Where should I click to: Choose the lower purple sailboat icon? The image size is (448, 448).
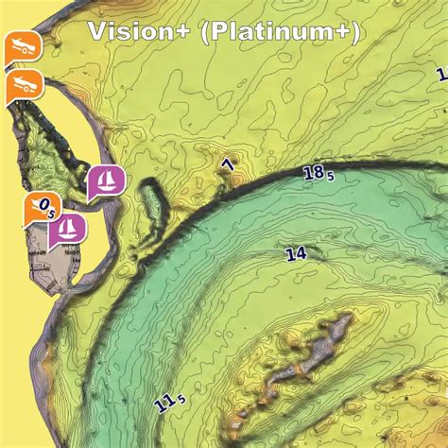pyautogui.click(x=67, y=228)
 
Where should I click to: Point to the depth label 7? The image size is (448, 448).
pyautogui.click(x=227, y=167)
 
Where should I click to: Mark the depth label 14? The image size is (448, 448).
pyautogui.click(x=296, y=253)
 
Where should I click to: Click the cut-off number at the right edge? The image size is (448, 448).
pyautogui.click(x=441, y=74)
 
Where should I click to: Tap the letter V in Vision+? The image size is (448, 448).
pyautogui.click(x=95, y=31)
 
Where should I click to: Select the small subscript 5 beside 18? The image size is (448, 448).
pyautogui.click(x=331, y=177)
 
